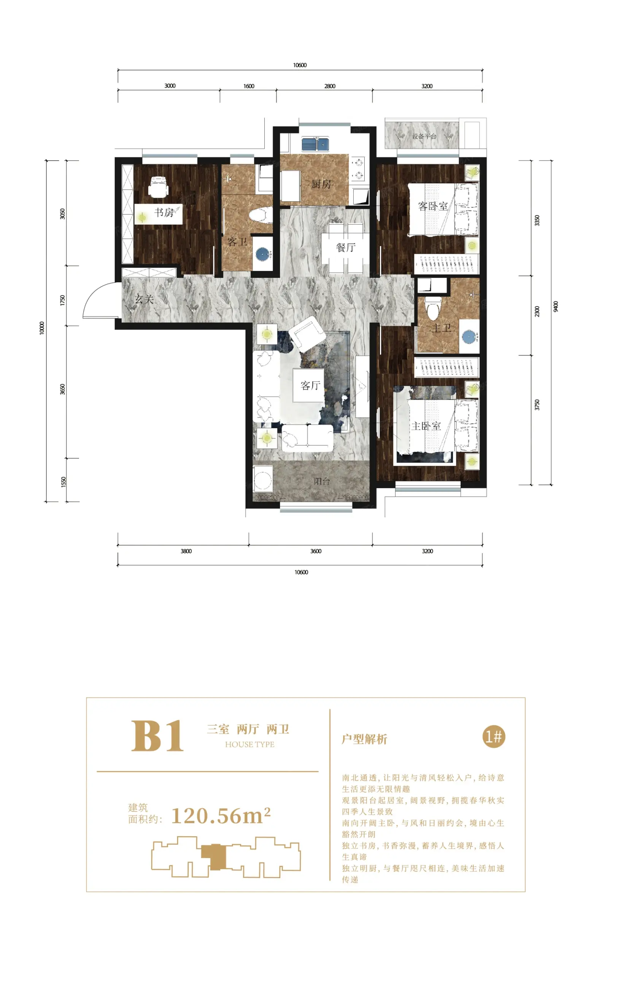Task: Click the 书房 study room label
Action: (x=164, y=212)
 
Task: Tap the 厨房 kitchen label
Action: (x=321, y=185)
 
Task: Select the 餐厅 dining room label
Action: (x=346, y=247)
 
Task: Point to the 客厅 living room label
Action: (x=310, y=385)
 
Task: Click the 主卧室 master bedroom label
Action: (x=426, y=426)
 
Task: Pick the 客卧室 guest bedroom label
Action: (x=433, y=206)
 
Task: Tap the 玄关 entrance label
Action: (x=144, y=299)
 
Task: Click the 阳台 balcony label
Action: (x=322, y=481)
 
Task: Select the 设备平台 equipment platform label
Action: (x=424, y=136)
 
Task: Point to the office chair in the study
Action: (x=158, y=187)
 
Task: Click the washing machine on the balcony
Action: (x=263, y=478)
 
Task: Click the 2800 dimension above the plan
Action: (x=330, y=86)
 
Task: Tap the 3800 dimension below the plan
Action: (x=186, y=551)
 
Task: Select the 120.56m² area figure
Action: (x=221, y=816)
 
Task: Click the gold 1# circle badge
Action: (x=494, y=736)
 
